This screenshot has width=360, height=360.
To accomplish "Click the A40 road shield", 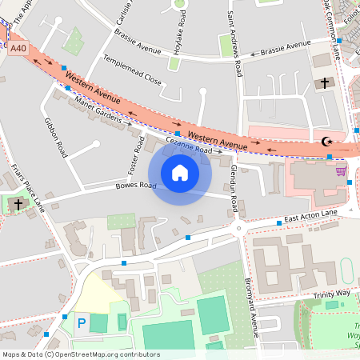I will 18,49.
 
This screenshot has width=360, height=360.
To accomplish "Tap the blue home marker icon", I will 180,172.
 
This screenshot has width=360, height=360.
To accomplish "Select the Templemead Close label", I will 133,70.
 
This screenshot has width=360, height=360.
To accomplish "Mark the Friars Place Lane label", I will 27,184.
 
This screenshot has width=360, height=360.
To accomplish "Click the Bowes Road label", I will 136,185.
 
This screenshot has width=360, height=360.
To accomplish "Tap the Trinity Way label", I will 332,294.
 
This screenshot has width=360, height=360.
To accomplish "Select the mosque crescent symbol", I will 326,142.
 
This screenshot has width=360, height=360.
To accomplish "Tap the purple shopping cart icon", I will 341,170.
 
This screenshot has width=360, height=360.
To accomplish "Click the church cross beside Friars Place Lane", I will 18,205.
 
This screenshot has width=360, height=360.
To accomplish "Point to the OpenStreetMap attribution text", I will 81,354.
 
